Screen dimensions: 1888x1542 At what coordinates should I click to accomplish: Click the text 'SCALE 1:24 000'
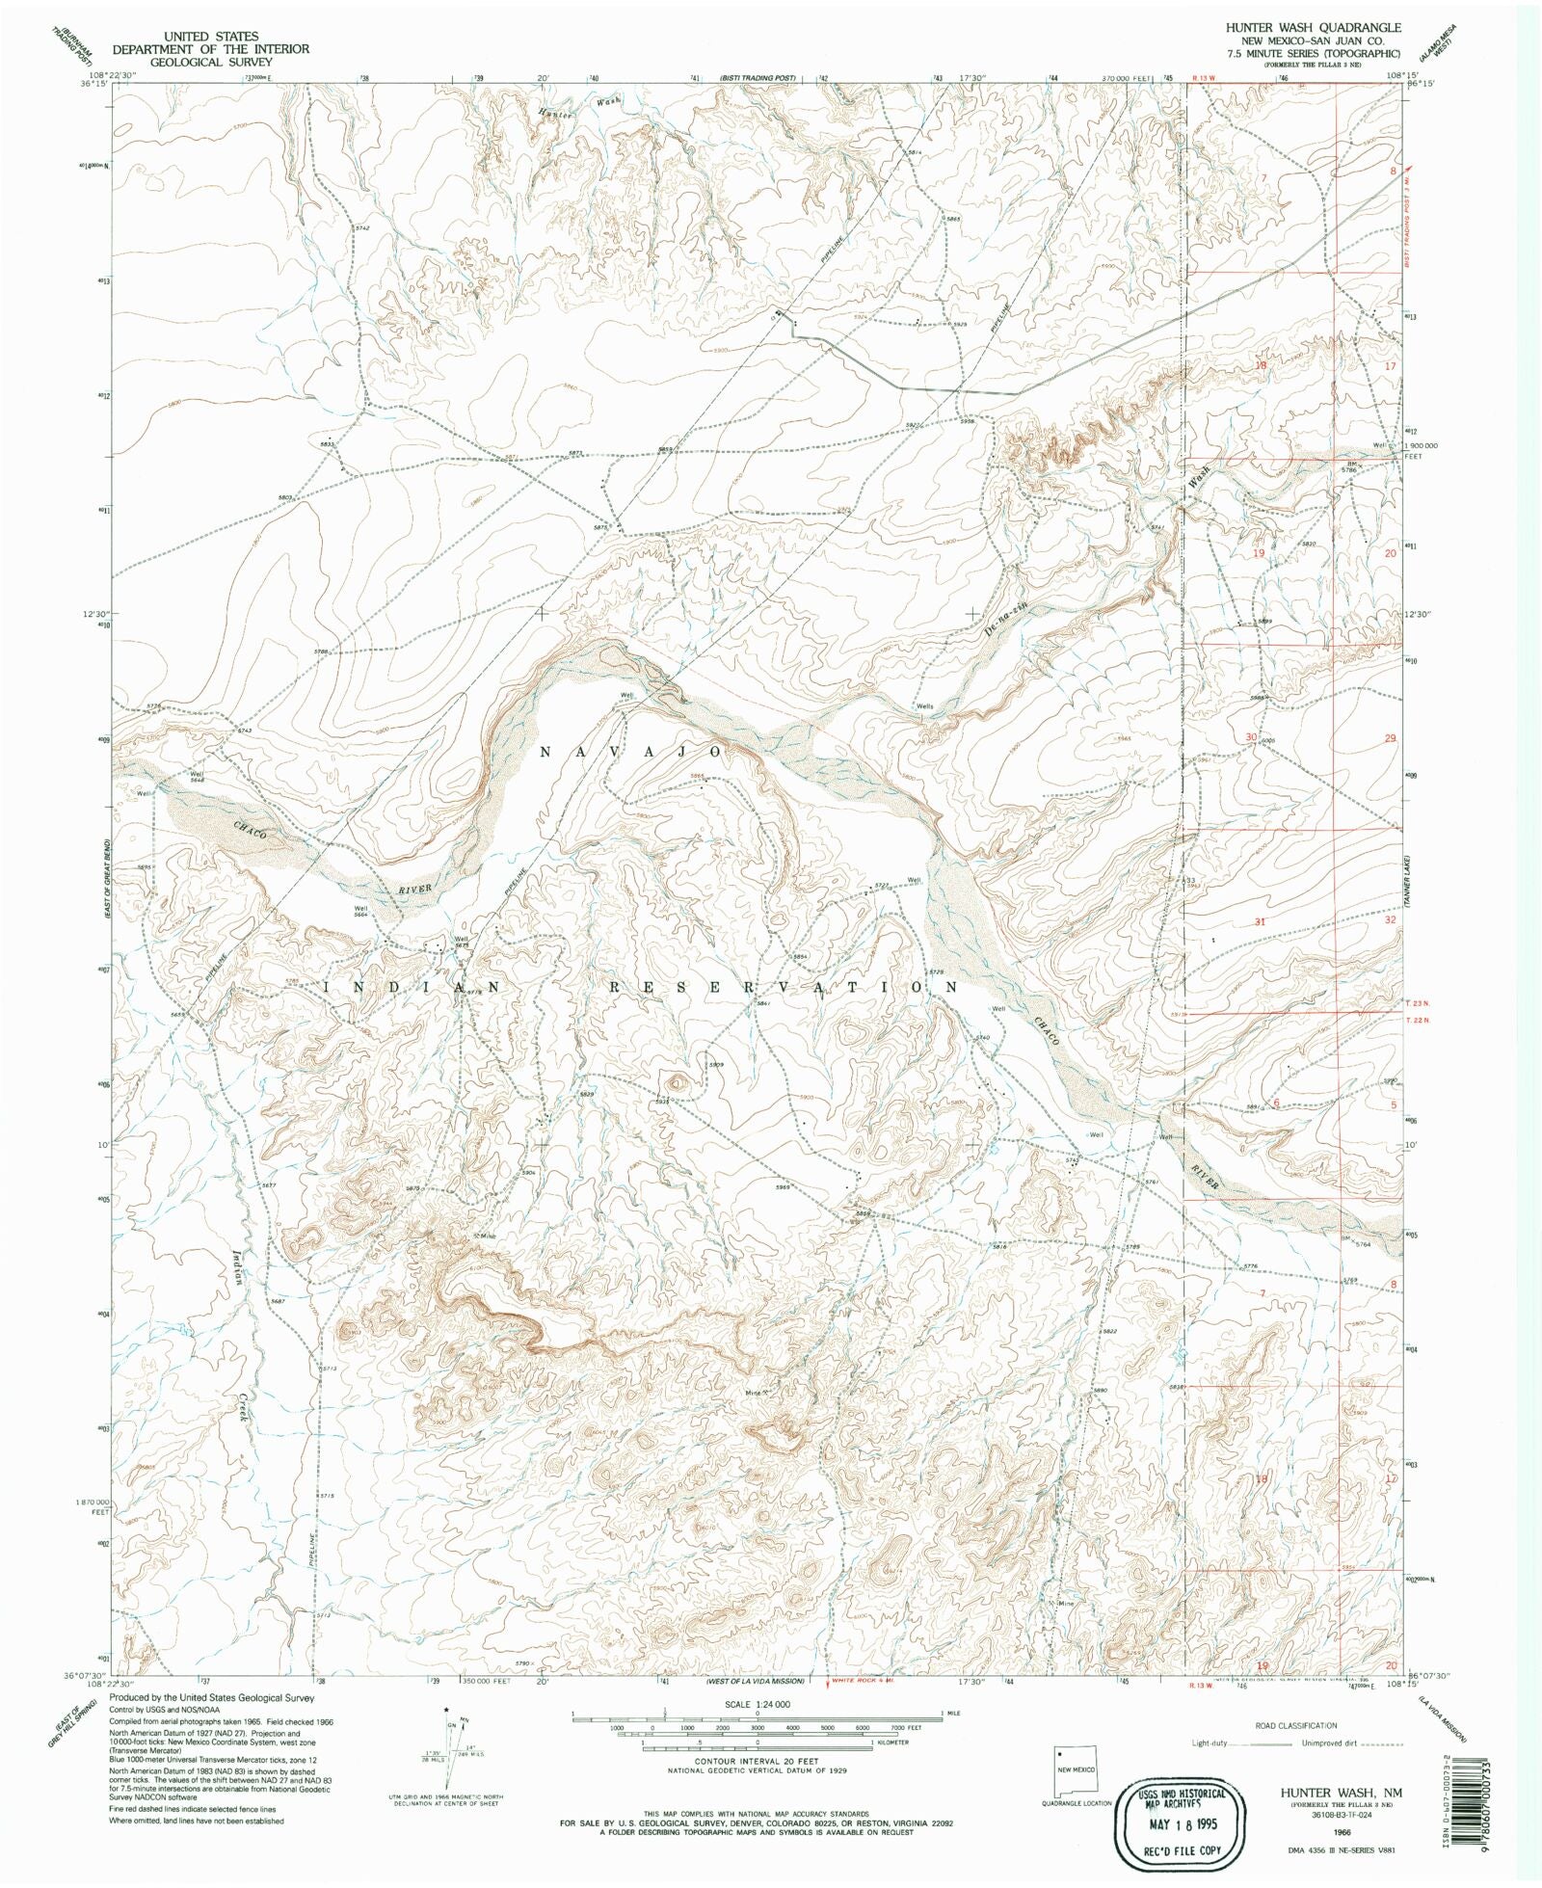pos(757,1705)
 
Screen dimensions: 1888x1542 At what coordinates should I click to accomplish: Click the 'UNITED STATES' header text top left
pos(210,36)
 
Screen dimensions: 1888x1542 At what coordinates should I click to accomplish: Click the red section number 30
pos(1251,737)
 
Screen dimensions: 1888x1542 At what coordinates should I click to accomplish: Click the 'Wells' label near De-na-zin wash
pos(924,706)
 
